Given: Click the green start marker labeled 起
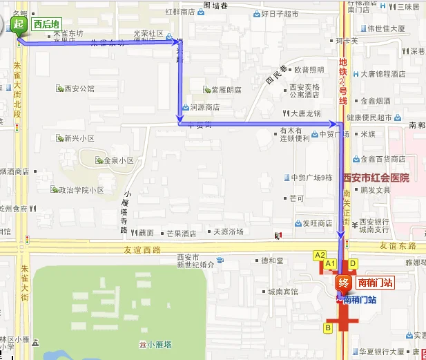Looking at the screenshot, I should pos(19,25).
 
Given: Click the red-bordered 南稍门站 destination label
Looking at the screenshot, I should pos(374,283).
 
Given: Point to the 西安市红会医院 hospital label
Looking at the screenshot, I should pos(376,178).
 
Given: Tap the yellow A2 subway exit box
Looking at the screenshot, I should pos(320,255).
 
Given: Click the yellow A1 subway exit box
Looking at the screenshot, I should pos(330,263).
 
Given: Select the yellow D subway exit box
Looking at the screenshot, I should pos(352,263).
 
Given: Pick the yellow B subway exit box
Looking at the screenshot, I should pos(328,328).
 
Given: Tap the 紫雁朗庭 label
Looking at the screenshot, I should pos(226,90).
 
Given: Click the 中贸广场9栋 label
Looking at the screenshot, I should pos(311,178).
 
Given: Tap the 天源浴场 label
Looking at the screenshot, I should pos(228,232).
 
